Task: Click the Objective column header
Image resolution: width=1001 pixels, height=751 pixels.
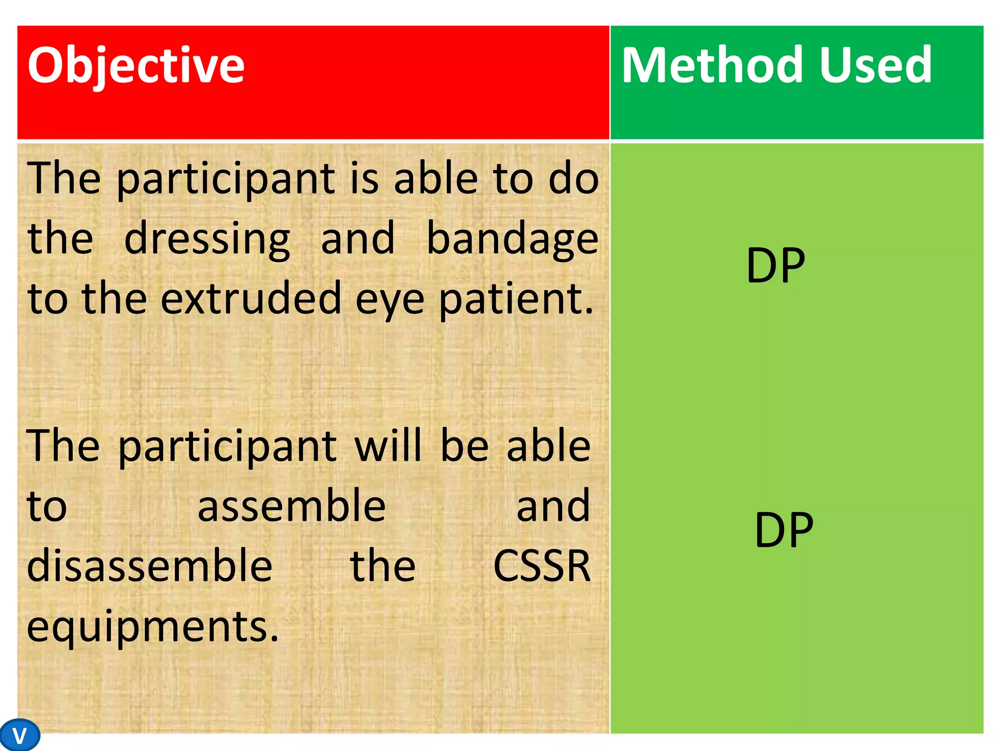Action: [x=136, y=66]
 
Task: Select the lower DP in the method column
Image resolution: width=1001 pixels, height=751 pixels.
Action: [x=783, y=530]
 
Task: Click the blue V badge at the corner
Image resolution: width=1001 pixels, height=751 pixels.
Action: [x=20, y=735]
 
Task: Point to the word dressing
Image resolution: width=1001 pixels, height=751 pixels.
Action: [x=207, y=239]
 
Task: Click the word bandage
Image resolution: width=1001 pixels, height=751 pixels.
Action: [x=512, y=239]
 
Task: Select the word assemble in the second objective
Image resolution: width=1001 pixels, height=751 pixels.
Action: [x=291, y=506]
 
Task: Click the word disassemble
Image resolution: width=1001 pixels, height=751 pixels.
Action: [x=150, y=566]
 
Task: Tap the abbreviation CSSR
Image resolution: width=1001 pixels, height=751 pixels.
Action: [x=542, y=566]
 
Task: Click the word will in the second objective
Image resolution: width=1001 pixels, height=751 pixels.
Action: [x=388, y=445]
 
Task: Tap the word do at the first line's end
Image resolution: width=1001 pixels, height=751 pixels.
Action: [x=573, y=178]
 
